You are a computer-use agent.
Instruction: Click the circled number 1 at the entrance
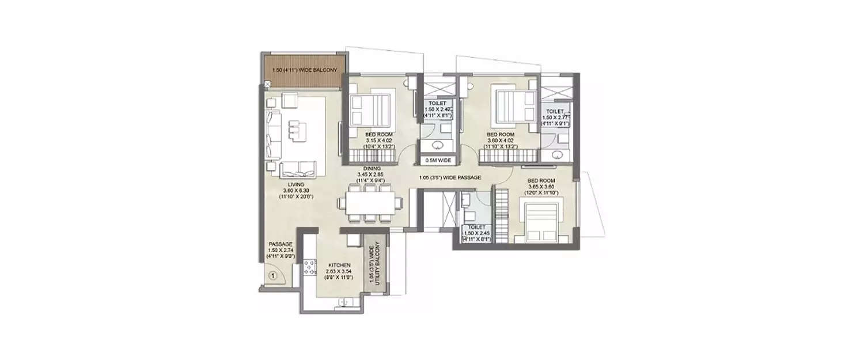point(273,276)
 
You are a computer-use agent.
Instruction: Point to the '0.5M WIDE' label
point(438,160)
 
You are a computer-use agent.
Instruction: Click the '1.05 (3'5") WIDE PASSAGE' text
point(450,178)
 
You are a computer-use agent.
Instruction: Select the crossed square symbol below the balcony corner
point(266,85)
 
